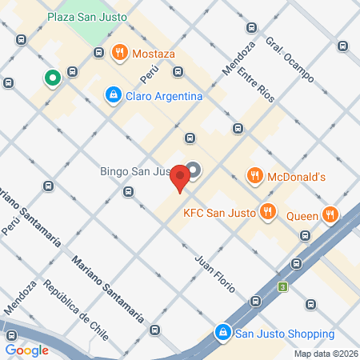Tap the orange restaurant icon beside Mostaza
[120, 54]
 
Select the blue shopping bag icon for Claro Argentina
[114, 96]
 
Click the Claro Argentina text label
[164, 96]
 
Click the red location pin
[182, 178]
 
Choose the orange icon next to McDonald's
[254, 174]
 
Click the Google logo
[27, 350]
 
